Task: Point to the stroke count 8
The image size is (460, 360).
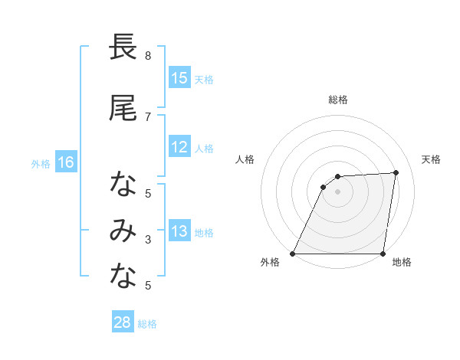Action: pos(148,55)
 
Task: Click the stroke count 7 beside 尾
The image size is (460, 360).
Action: pos(148,116)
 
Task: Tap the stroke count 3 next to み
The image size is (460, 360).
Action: pos(148,240)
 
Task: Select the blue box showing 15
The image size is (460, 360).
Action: pos(179,78)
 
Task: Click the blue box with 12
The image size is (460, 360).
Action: pos(179,147)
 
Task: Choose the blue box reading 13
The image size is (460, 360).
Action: pos(179,231)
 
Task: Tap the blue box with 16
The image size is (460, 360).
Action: pos(65,162)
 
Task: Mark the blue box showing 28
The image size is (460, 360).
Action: pos(123,323)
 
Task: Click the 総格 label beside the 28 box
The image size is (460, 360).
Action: pos(147,324)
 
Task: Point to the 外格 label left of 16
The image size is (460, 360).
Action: pos(40,163)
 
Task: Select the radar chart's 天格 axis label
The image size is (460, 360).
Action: pos(431,159)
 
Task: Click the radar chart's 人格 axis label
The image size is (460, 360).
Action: pos(245,159)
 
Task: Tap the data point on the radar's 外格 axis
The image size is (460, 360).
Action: pos(293,254)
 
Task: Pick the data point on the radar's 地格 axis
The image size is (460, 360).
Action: pos(382,254)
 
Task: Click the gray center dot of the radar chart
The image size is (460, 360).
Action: pos(337,191)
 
